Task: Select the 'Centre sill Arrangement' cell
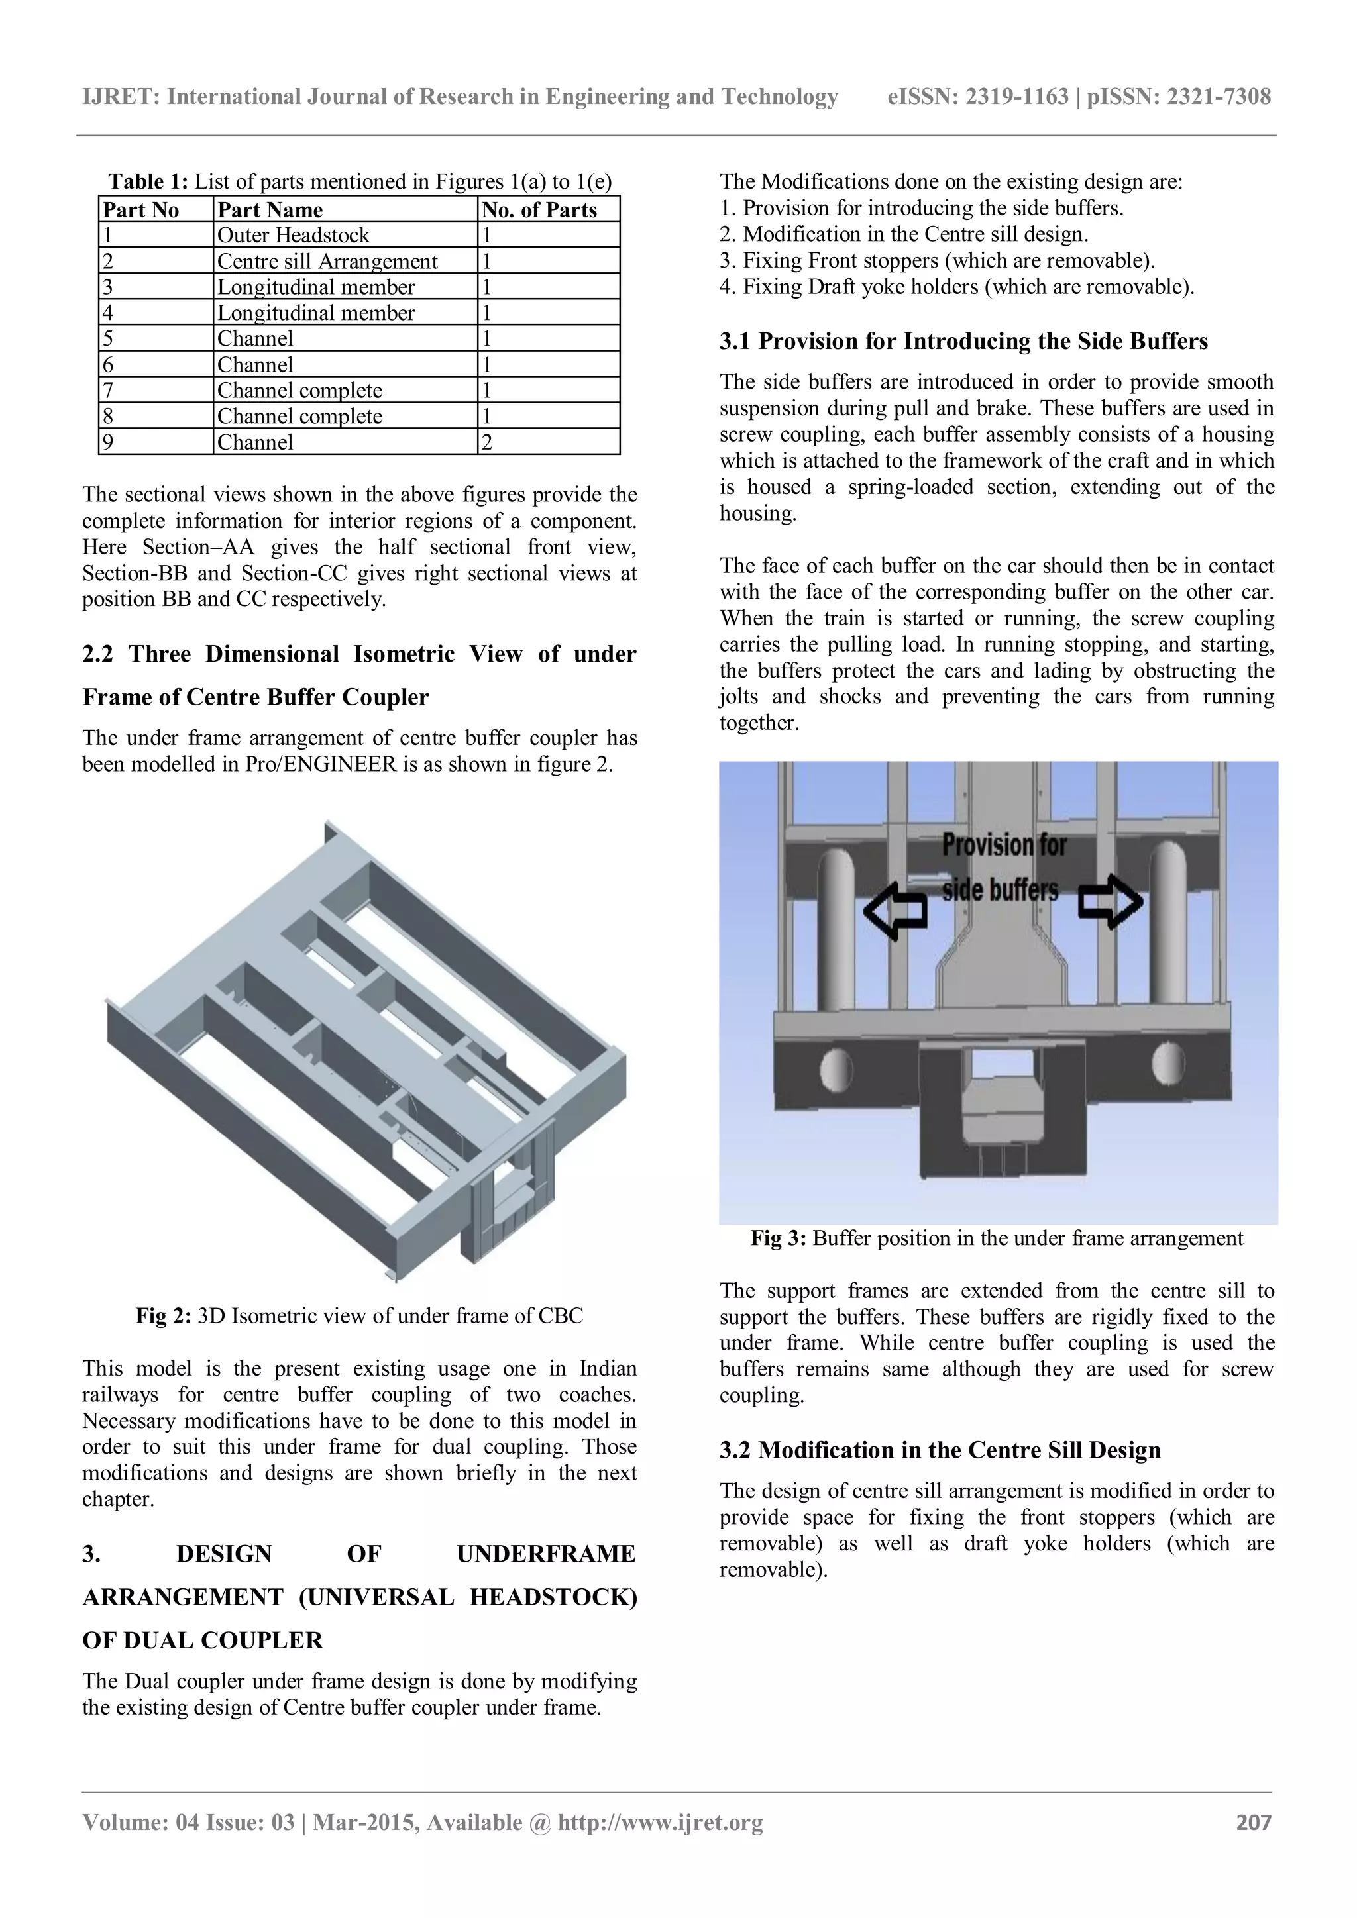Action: click(327, 262)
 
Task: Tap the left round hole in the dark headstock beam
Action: click(836, 1068)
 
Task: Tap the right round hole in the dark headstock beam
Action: click(1162, 1064)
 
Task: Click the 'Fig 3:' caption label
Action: click(777, 1239)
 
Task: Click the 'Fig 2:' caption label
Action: click(164, 1317)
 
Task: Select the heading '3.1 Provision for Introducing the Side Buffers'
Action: click(963, 342)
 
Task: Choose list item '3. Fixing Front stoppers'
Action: click(937, 261)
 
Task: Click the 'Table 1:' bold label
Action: click(148, 182)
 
